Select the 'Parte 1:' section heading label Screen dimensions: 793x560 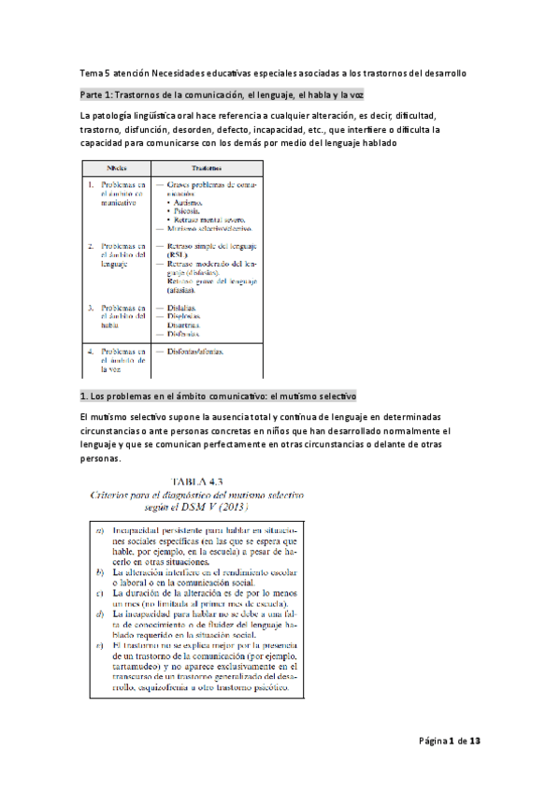[101, 95]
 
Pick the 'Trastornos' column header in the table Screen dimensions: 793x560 [206, 168]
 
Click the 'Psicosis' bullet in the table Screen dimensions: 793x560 [191, 210]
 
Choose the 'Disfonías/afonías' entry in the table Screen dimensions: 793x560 [198, 353]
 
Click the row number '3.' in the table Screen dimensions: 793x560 [91, 308]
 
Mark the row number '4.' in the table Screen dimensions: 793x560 [91, 353]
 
